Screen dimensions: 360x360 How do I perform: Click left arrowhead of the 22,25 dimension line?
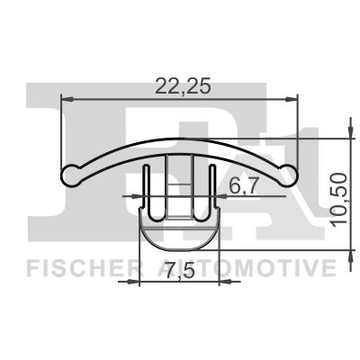(x=66, y=96)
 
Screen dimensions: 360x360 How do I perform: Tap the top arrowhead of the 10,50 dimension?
(x=347, y=144)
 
